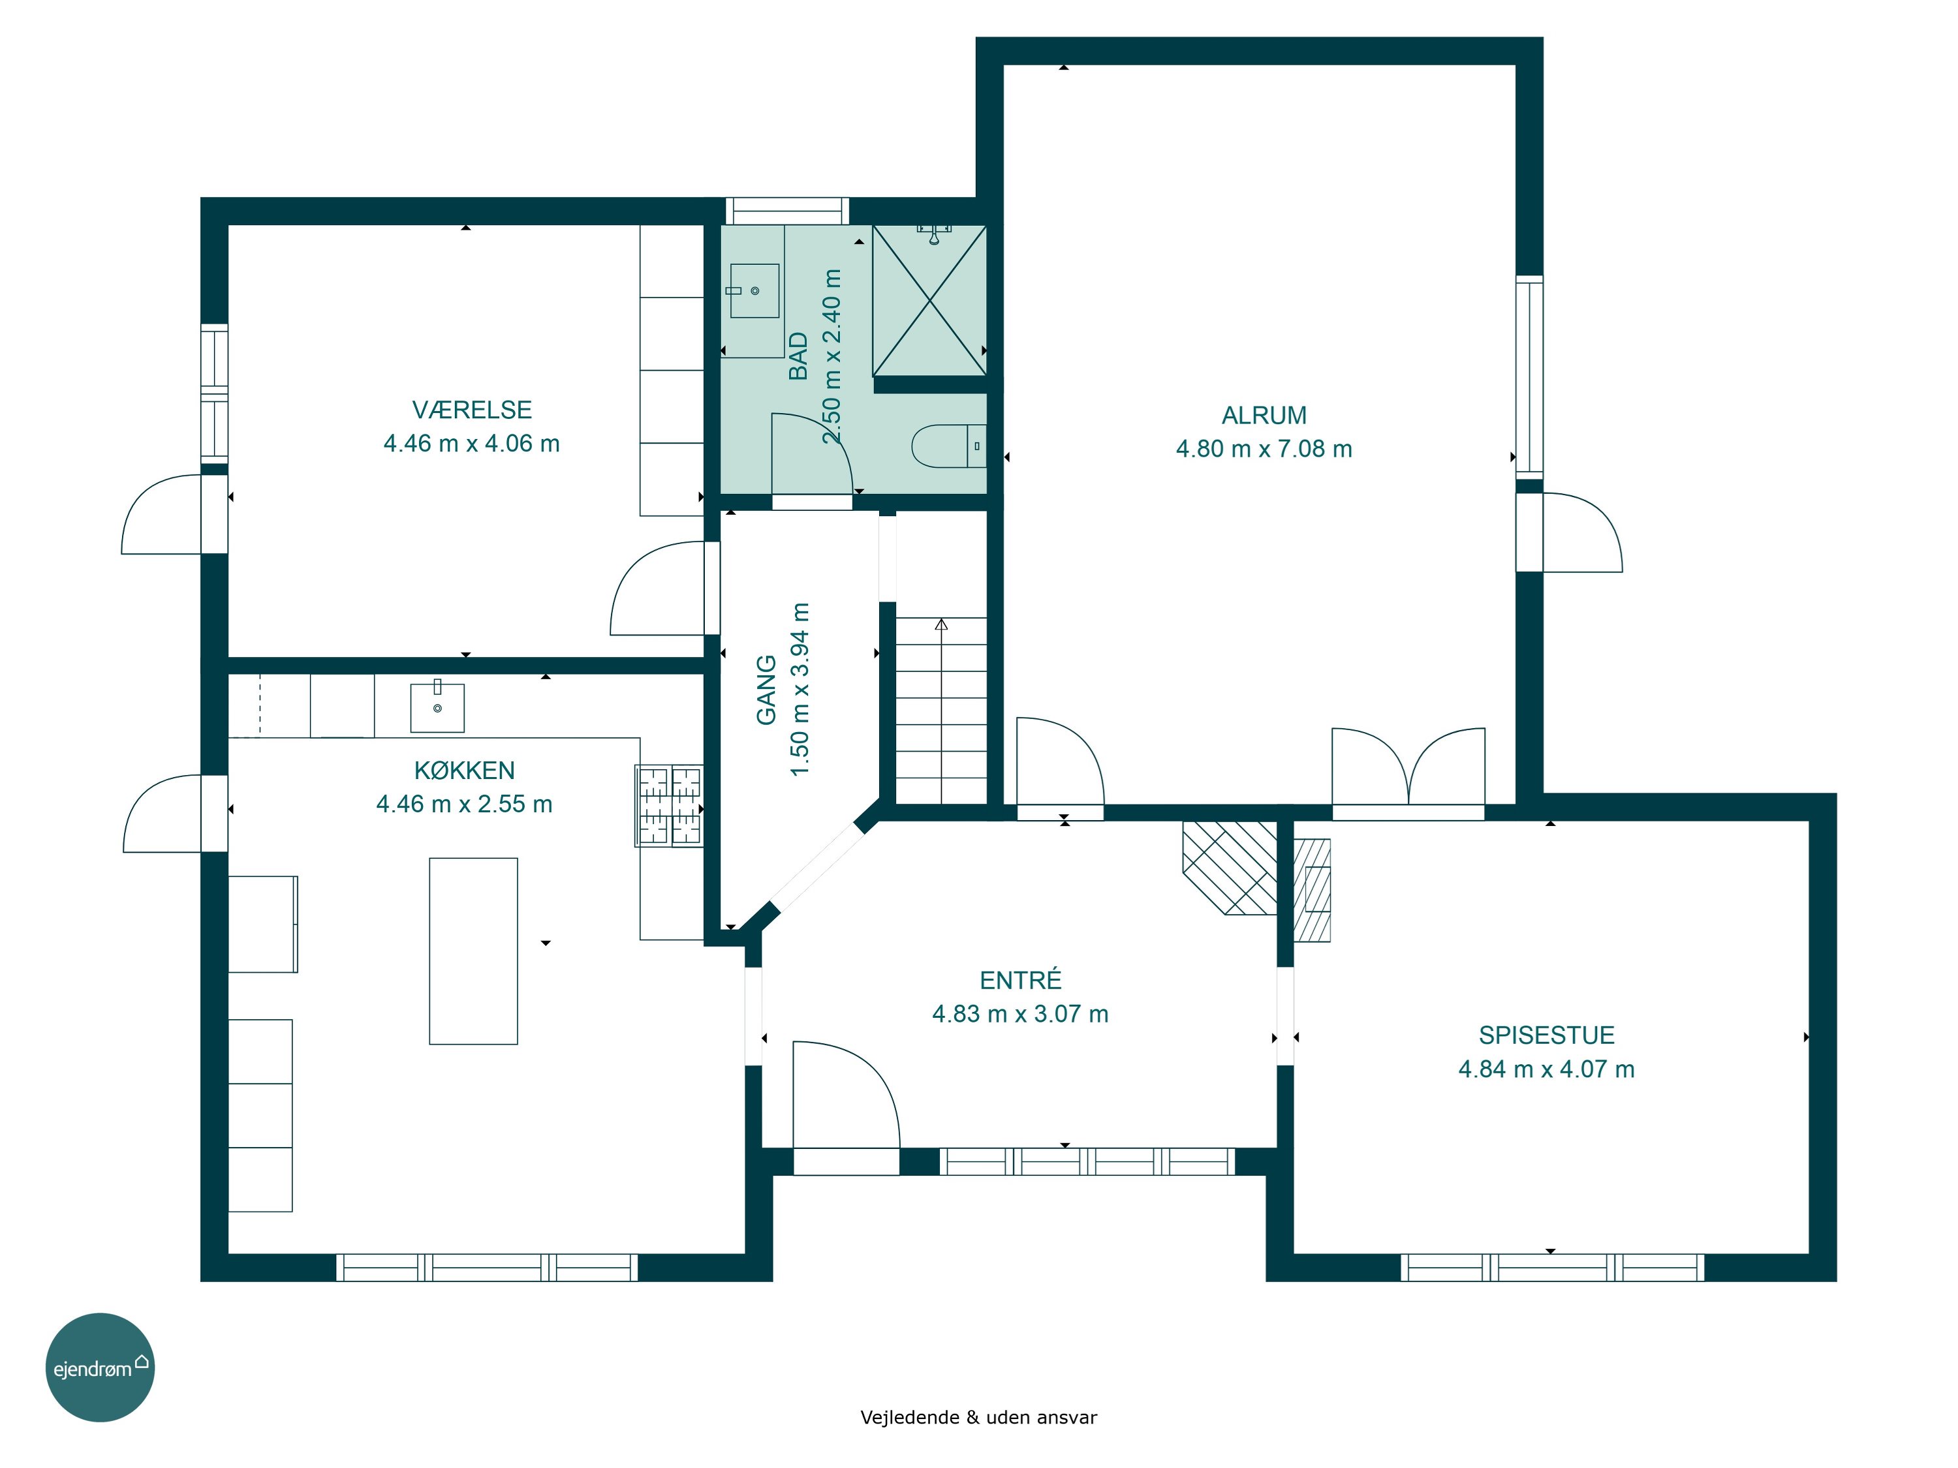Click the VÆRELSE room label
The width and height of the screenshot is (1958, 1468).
tap(472, 410)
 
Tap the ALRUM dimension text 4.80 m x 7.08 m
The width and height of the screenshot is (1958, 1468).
tap(1264, 449)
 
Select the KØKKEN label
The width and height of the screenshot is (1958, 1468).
tap(465, 770)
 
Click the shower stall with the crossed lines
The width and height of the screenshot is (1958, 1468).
tap(929, 300)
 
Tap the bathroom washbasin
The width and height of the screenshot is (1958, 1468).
tap(754, 290)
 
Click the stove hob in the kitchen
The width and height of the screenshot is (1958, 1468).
tap(669, 805)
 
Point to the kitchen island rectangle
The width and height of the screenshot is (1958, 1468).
tap(474, 951)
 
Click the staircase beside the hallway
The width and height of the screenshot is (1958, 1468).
tap(941, 710)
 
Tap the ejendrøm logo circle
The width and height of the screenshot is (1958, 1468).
tap(100, 1367)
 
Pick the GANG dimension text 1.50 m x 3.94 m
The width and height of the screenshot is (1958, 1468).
tap(800, 690)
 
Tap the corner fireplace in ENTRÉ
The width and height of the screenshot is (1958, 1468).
tap(1230, 867)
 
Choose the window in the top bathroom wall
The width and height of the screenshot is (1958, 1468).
tap(787, 211)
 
